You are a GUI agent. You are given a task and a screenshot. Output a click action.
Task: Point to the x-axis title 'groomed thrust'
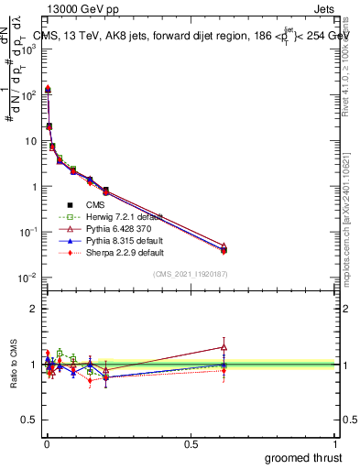[304, 457]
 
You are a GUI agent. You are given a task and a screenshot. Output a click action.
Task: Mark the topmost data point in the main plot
[48, 89]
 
